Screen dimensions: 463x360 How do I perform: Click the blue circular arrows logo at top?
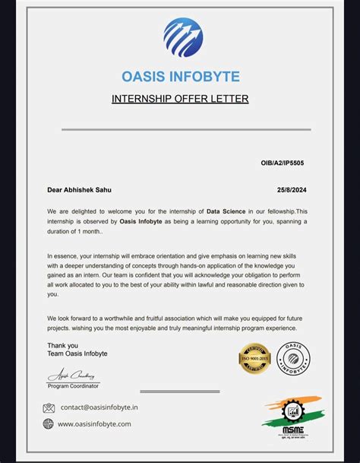click(x=183, y=38)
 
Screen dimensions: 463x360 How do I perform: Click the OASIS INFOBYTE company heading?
click(x=180, y=77)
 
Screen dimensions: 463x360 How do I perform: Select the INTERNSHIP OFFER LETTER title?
click(x=180, y=99)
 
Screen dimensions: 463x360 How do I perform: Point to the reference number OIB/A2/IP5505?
click(x=283, y=163)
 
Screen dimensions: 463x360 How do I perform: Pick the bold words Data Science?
click(x=229, y=211)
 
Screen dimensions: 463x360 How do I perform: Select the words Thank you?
click(x=62, y=345)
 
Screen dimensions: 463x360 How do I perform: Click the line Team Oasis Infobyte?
click(x=77, y=354)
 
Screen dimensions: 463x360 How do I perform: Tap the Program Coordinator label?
click(x=74, y=385)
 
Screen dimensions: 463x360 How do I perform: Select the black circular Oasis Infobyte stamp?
click(x=292, y=358)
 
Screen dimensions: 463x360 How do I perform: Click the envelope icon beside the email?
click(x=49, y=408)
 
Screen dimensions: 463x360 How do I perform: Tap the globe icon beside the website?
click(x=49, y=424)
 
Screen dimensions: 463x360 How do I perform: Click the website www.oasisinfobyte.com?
click(x=94, y=424)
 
